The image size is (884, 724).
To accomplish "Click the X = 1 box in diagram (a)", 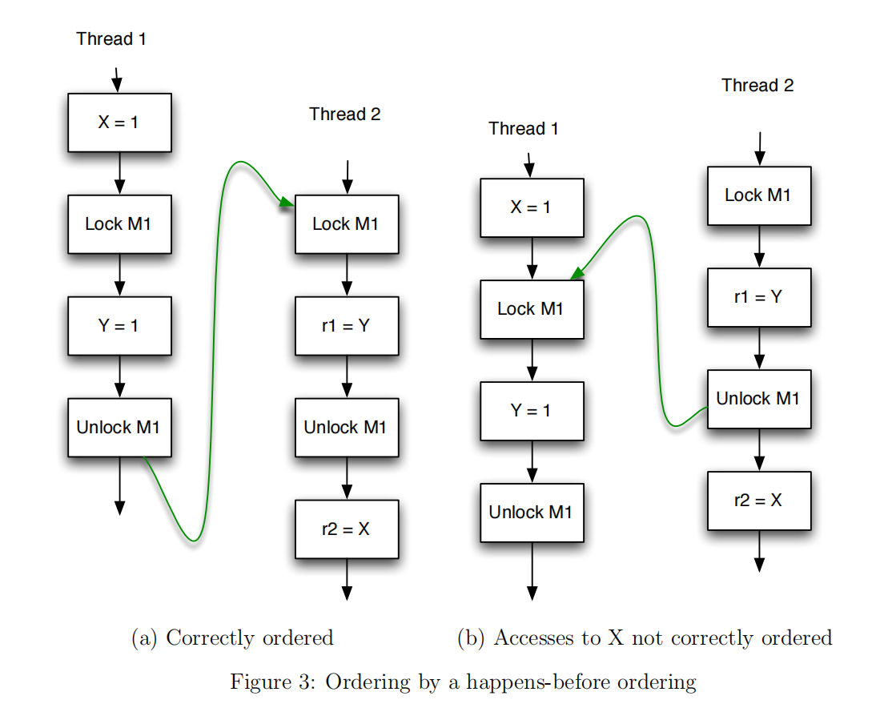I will [x=119, y=123].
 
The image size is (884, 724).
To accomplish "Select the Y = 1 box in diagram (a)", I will [x=119, y=326].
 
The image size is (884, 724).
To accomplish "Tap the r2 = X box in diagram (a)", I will [x=347, y=529].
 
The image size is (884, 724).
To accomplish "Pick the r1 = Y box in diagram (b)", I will [x=758, y=297].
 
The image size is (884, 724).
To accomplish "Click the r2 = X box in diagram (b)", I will [x=758, y=501].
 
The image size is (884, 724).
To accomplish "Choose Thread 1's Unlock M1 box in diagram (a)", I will [x=119, y=427].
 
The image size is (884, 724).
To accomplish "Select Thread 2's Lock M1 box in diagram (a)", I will [x=347, y=224].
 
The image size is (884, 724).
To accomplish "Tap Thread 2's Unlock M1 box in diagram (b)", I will [x=758, y=399].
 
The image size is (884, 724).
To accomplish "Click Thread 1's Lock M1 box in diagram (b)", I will [x=532, y=309].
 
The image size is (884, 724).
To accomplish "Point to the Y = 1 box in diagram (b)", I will [x=532, y=411].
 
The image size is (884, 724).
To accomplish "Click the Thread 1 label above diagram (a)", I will [x=111, y=38].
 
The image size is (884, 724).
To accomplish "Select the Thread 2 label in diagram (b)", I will [x=757, y=86].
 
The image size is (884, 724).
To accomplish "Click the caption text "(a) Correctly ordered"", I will [x=232, y=638].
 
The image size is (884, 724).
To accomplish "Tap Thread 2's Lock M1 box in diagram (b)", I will [x=758, y=195].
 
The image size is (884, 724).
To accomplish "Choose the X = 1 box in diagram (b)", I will [x=532, y=207].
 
